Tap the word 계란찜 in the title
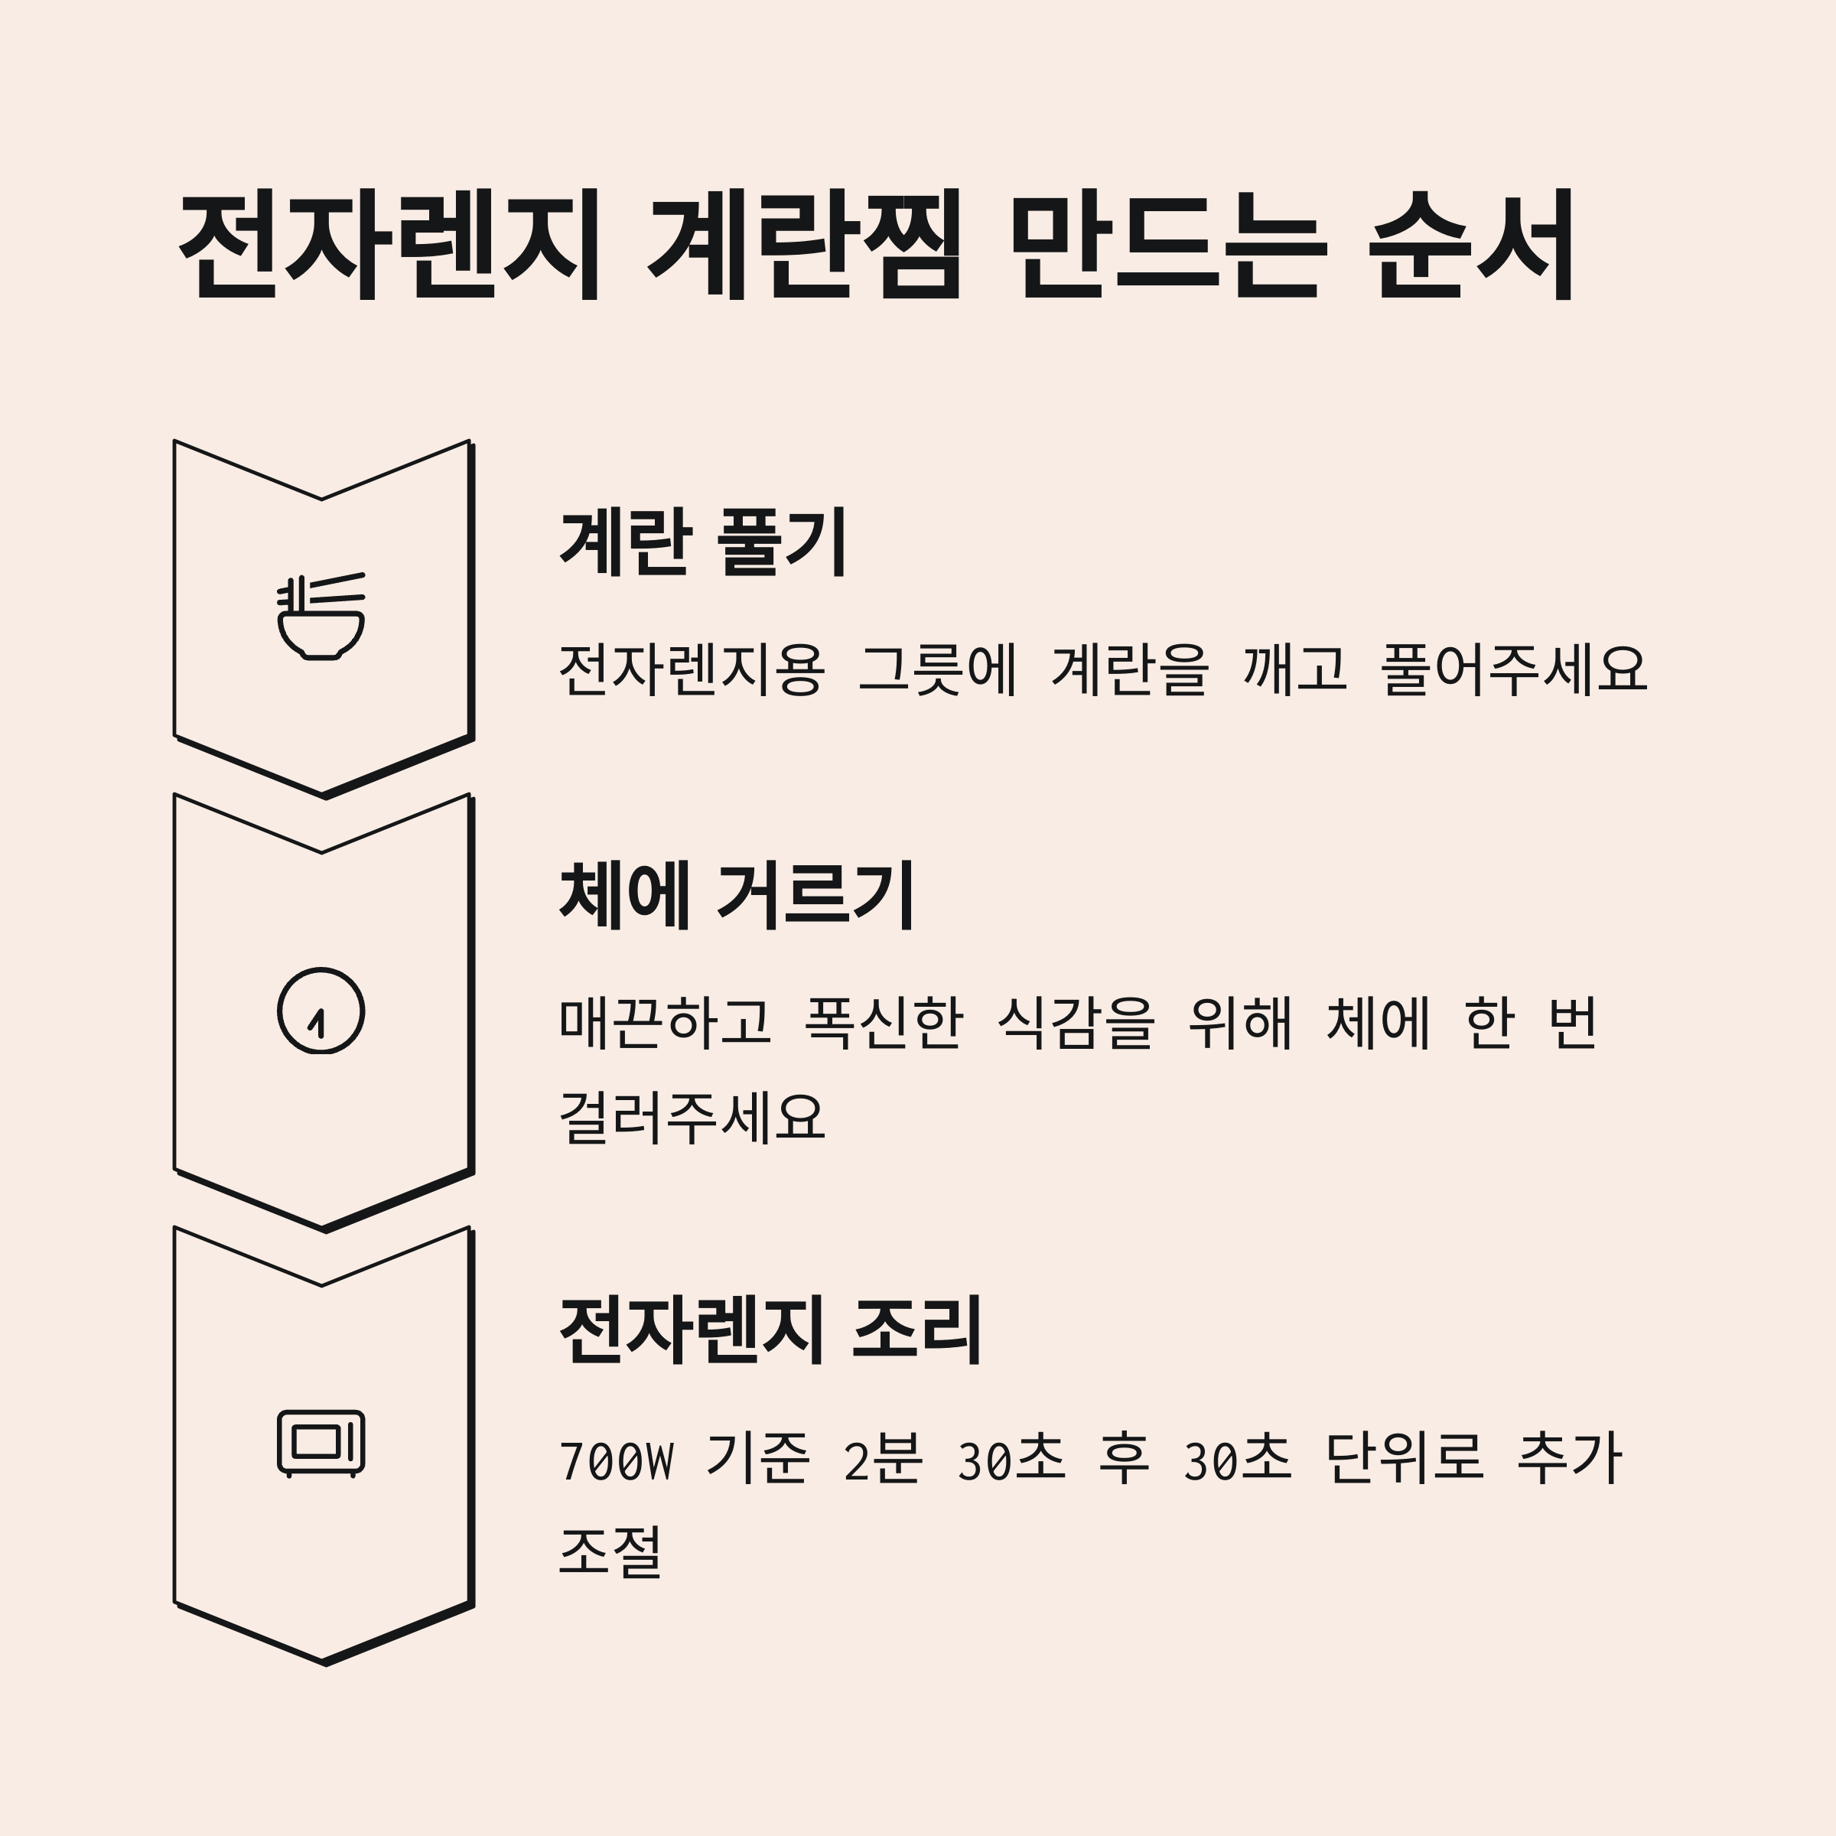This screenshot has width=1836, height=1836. click(804, 245)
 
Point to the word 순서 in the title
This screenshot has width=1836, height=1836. click(1473, 245)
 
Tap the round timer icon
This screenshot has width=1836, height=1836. click(321, 1010)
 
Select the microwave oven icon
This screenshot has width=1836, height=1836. click(321, 1443)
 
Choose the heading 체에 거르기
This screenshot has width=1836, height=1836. click(737, 895)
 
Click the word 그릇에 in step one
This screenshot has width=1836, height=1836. click(938, 669)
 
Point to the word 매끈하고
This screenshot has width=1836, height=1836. click(664, 1023)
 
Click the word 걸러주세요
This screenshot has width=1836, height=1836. click(692, 1117)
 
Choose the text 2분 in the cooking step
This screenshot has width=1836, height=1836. click(882, 1460)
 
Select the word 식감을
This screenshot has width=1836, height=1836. click(1076, 1023)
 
